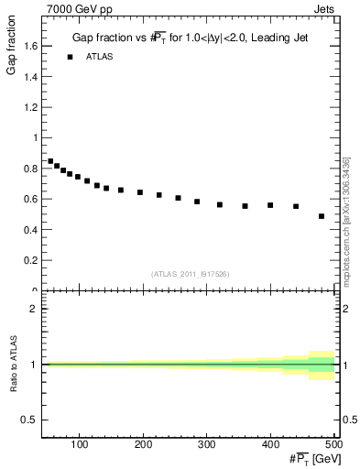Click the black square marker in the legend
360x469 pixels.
tap(70, 57)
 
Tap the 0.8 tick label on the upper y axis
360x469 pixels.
tap(29, 169)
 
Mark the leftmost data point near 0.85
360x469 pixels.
tap(50, 161)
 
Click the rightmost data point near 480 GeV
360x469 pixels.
tap(322, 216)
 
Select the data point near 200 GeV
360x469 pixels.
tap(140, 192)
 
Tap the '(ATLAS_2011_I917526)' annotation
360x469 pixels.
tap(191, 274)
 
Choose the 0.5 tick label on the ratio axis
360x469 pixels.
tap(29, 420)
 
